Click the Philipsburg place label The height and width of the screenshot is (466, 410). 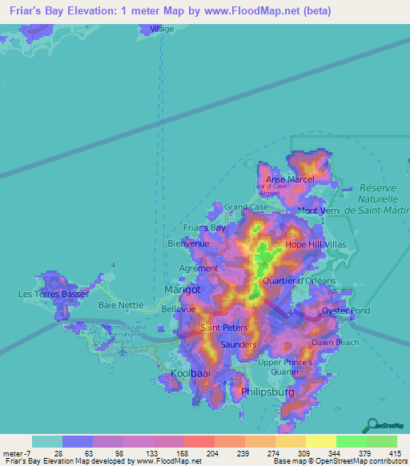pyautogui.click(x=267, y=393)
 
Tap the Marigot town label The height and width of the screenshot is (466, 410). pyautogui.click(x=182, y=288)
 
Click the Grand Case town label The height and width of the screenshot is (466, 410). pyautogui.click(x=246, y=207)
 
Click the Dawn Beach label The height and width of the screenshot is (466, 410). pyautogui.click(x=336, y=343)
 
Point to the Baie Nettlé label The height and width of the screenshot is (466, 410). pyautogui.click(x=120, y=305)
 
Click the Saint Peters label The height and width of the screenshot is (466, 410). pyautogui.click(x=223, y=328)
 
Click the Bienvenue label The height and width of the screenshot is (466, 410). pyautogui.click(x=188, y=243)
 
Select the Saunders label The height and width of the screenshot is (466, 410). pyautogui.click(x=237, y=344)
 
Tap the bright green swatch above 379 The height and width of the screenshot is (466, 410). pyautogui.click(x=352, y=441)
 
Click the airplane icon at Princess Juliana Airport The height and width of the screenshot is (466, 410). pyautogui.click(x=119, y=349)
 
